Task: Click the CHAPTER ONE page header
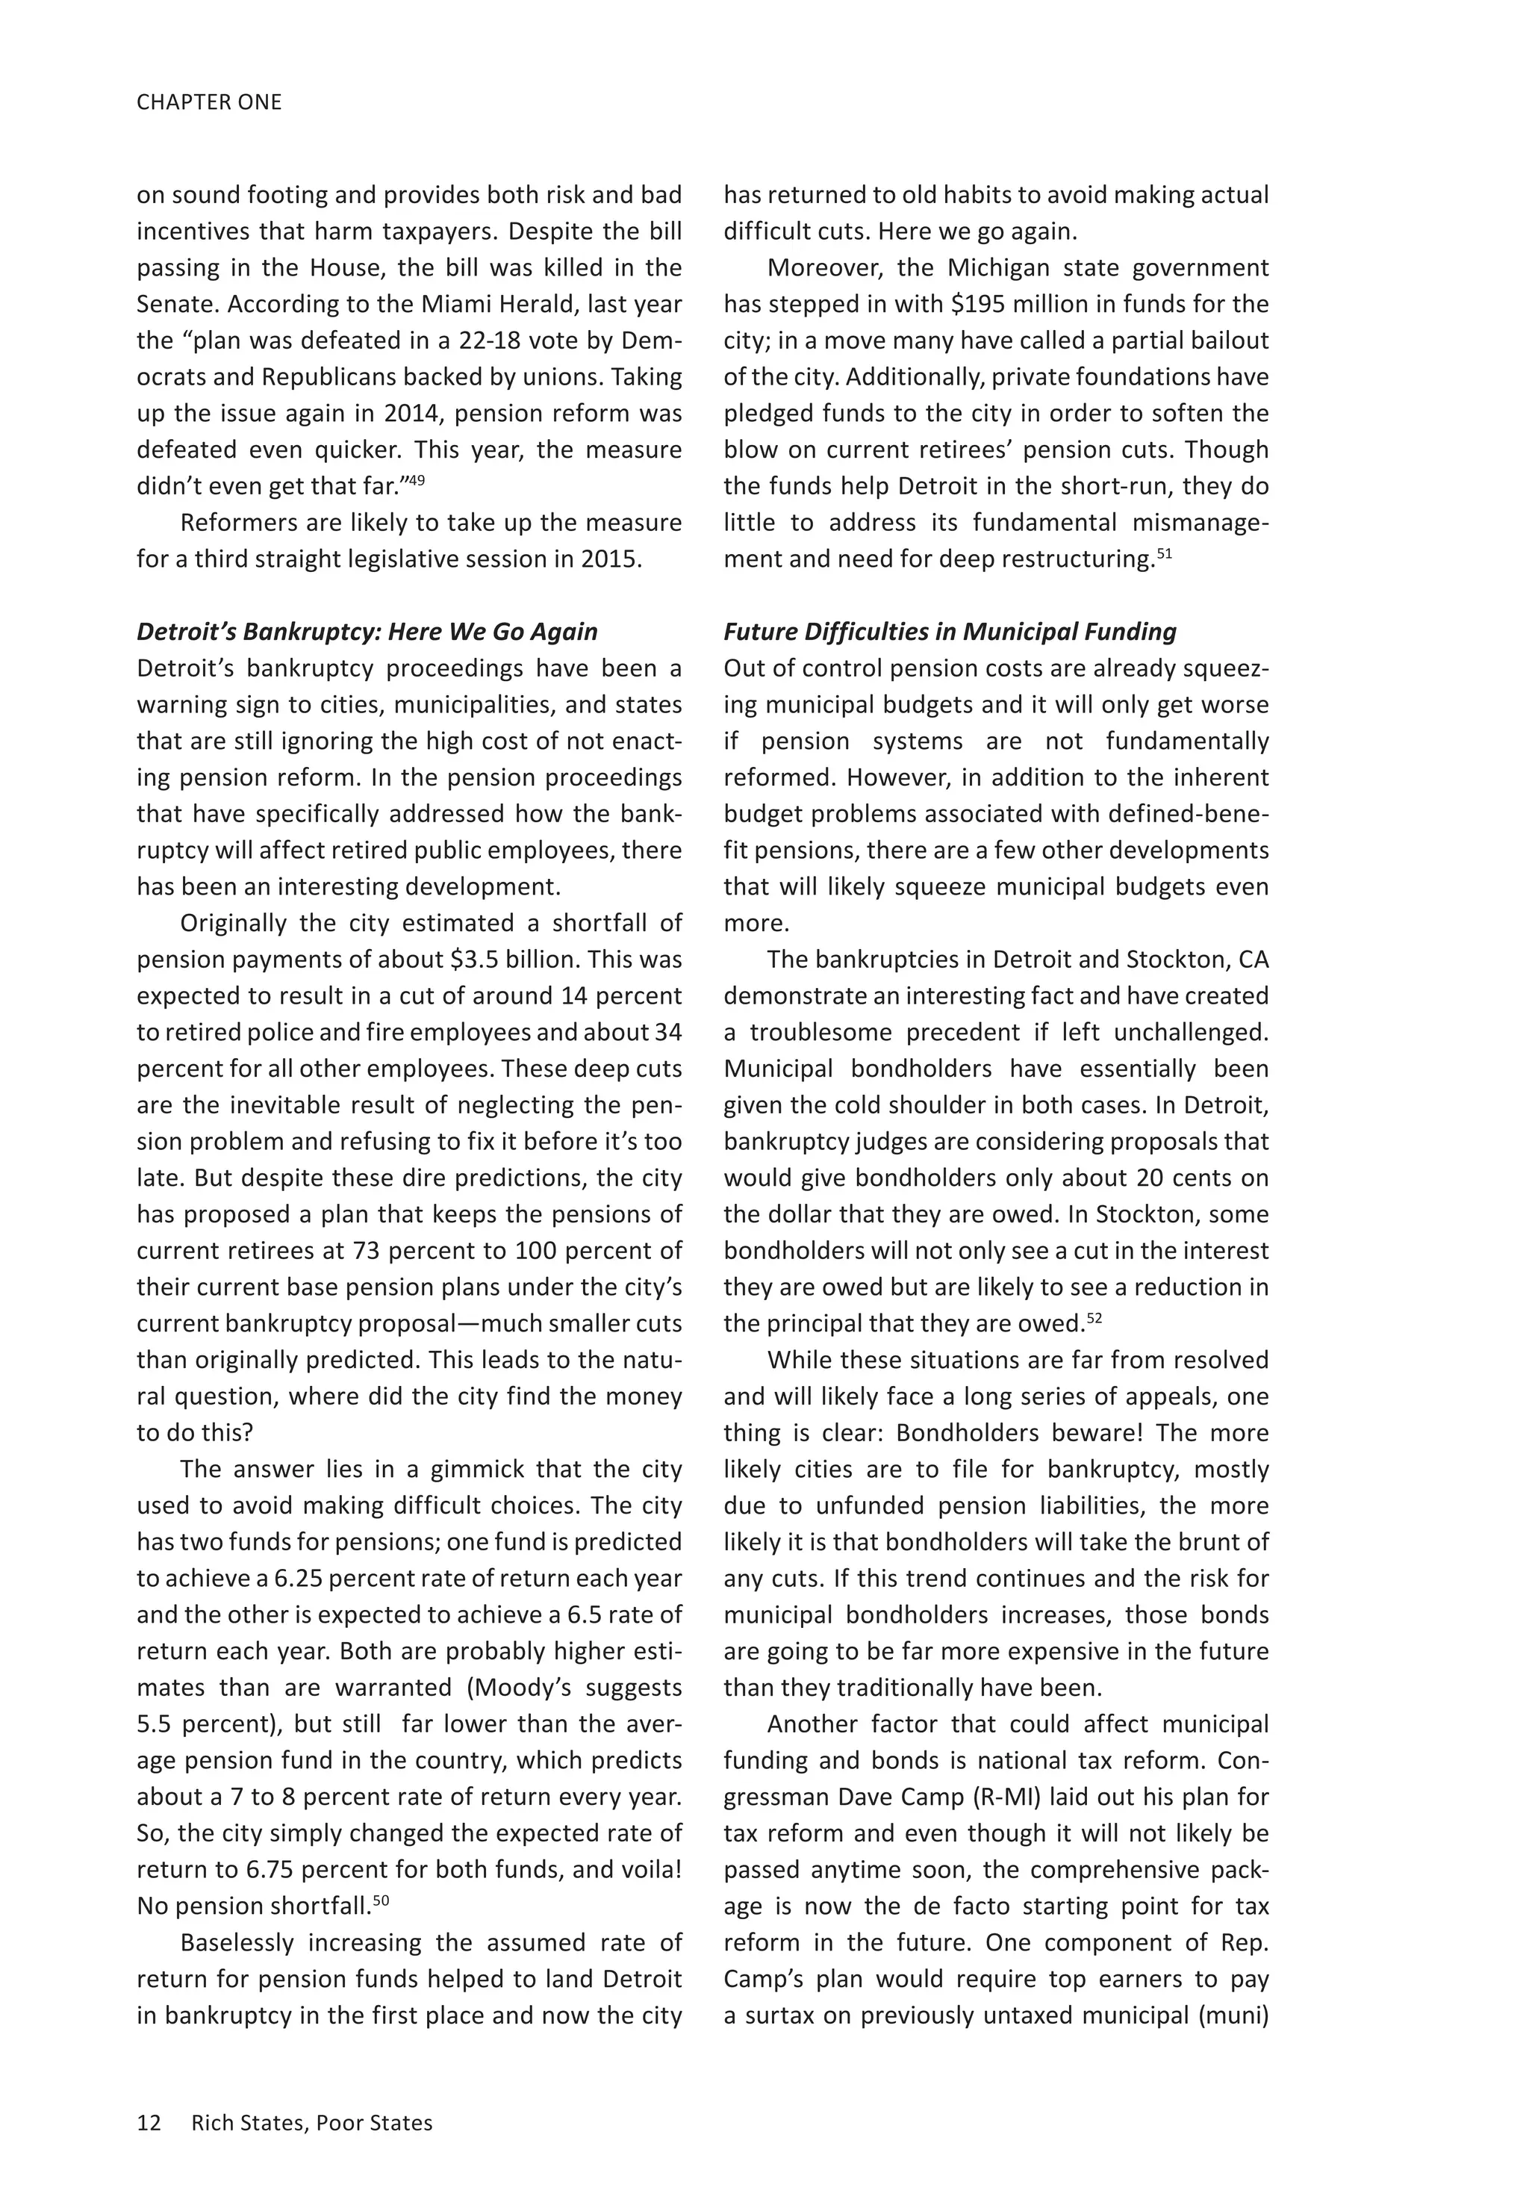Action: click(209, 102)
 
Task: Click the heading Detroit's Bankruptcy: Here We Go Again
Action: click(367, 632)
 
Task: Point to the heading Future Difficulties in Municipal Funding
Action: click(950, 632)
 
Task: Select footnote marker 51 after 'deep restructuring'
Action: click(1165, 553)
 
